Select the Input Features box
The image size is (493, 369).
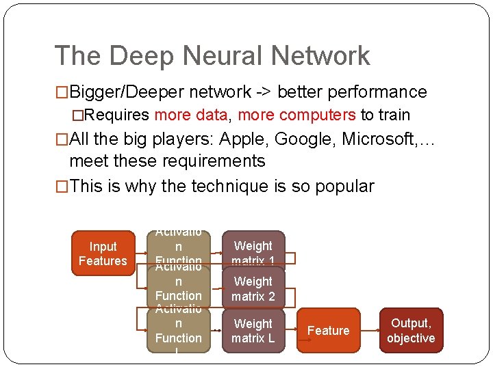(103, 254)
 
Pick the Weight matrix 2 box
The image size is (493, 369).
(253, 288)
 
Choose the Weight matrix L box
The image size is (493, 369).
(253, 331)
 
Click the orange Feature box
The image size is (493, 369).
(328, 331)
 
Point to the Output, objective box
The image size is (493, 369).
(411, 331)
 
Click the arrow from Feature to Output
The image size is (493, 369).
(370, 331)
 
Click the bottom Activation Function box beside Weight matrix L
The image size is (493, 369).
(178, 329)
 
